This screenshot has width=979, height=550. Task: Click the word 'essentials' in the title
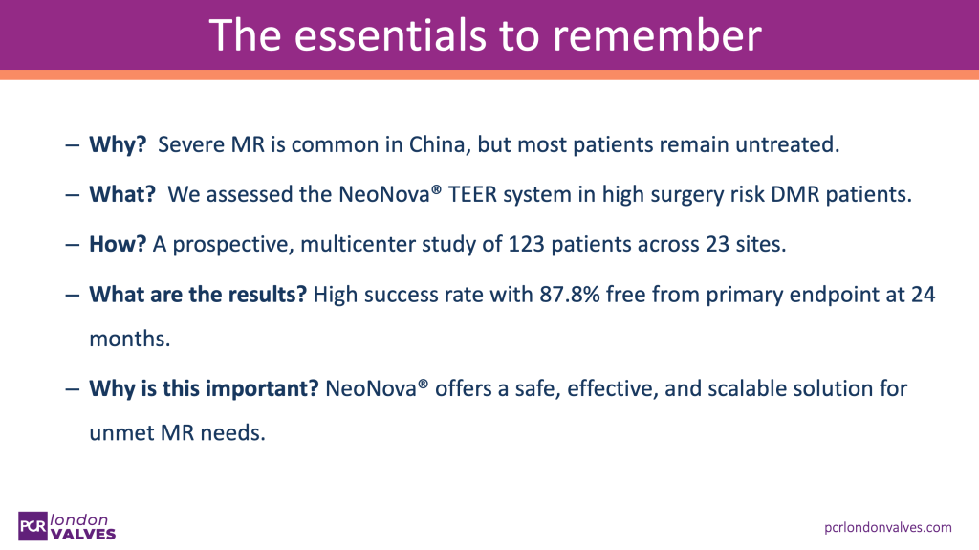(390, 35)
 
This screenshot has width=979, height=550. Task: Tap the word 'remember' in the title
(657, 35)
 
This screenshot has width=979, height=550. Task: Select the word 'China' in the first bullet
(438, 144)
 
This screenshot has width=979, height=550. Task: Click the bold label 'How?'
(118, 244)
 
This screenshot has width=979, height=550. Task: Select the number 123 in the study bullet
(526, 244)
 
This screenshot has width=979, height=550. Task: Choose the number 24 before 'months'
(923, 295)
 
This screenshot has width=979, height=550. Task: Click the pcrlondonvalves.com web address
(888, 527)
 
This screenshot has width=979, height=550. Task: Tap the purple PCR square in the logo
(33, 526)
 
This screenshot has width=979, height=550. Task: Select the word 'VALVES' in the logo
(83, 535)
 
